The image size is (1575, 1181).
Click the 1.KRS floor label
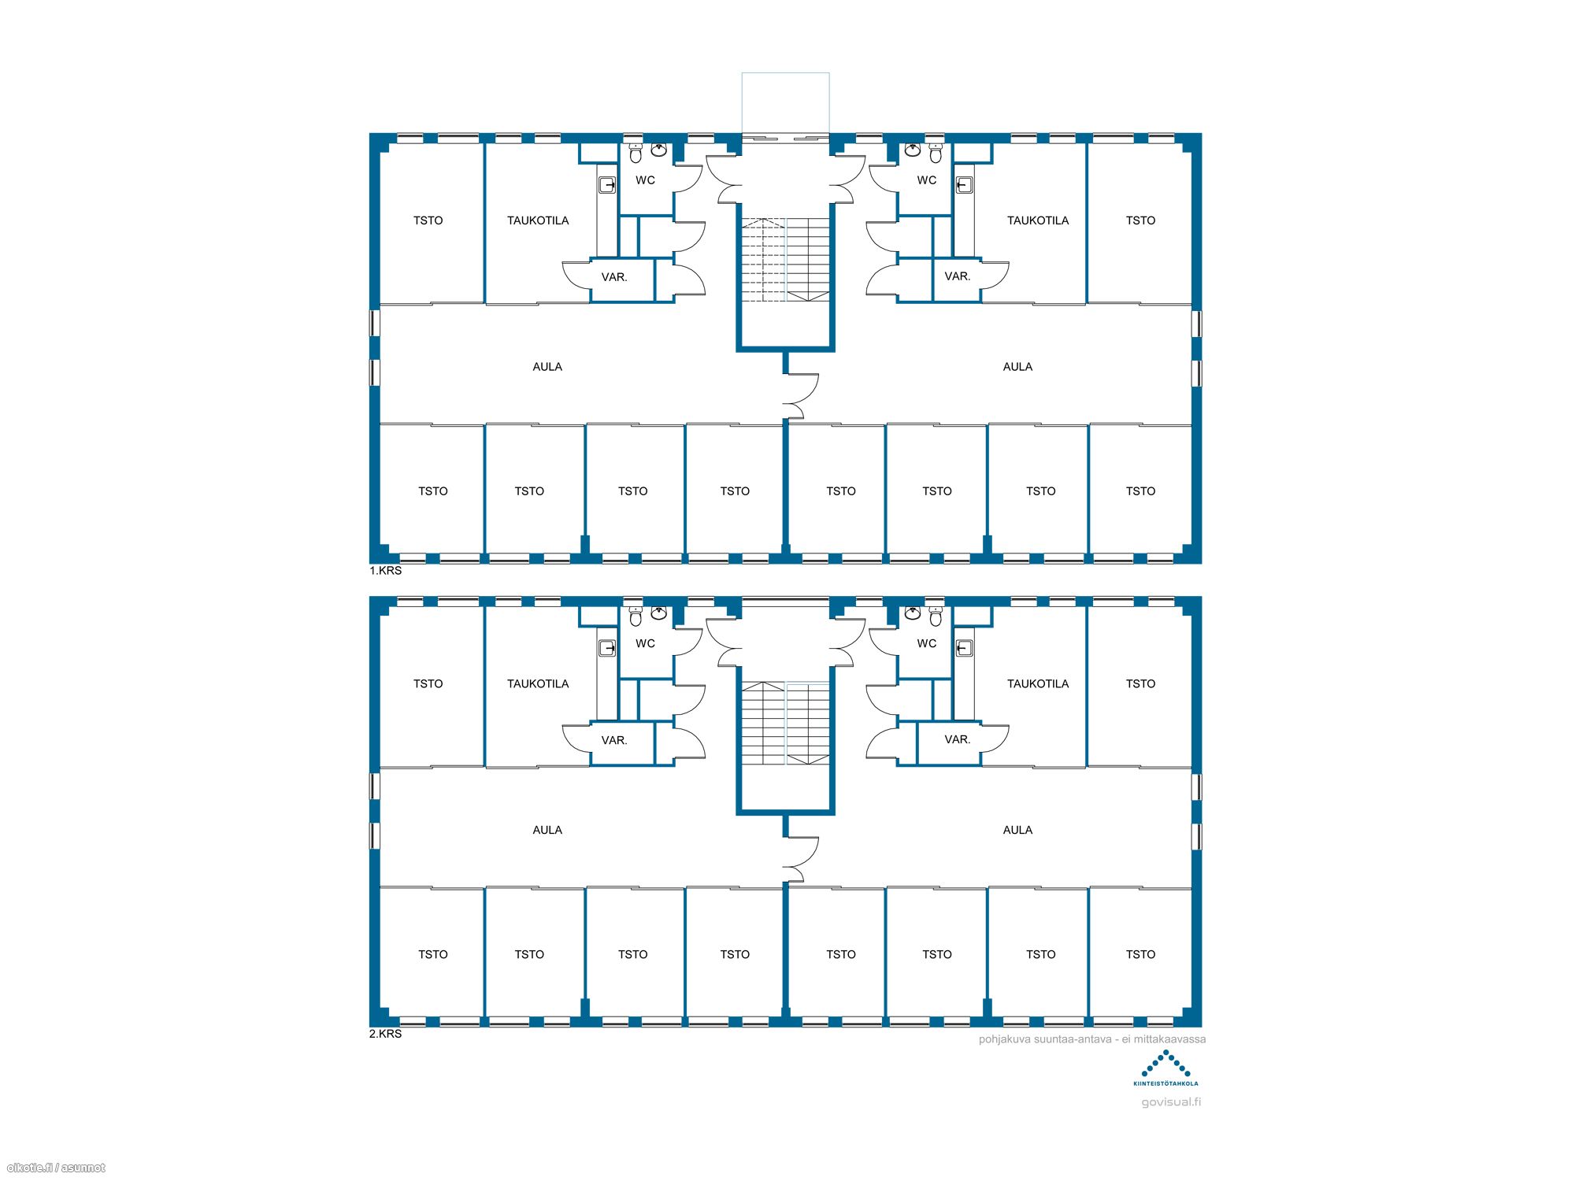click(x=386, y=571)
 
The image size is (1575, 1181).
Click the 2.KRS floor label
click(x=386, y=1034)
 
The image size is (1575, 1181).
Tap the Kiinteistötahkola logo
click(x=1165, y=1068)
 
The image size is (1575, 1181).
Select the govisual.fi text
click(x=1171, y=1102)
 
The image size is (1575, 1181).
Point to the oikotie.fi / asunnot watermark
click(x=56, y=1168)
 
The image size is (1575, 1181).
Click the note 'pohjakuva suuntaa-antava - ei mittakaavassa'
click(x=1092, y=1039)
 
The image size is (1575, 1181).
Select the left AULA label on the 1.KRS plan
click(x=547, y=367)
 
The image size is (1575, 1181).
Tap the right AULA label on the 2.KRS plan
click(x=1017, y=830)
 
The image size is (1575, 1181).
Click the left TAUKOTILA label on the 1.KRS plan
click(x=538, y=220)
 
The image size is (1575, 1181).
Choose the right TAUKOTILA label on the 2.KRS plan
click(x=1038, y=683)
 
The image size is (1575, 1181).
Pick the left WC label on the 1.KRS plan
click(x=645, y=180)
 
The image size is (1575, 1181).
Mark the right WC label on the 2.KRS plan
click(x=927, y=643)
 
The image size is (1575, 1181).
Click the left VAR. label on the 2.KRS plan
click(x=614, y=740)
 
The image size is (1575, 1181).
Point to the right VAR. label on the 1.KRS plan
click(x=958, y=276)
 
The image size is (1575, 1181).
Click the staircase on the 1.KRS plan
click(x=786, y=260)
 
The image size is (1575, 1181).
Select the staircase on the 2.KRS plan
click(x=786, y=723)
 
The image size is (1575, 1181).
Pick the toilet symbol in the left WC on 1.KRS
click(x=636, y=154)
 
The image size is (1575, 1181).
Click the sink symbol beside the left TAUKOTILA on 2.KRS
click(x=607, y=648)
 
